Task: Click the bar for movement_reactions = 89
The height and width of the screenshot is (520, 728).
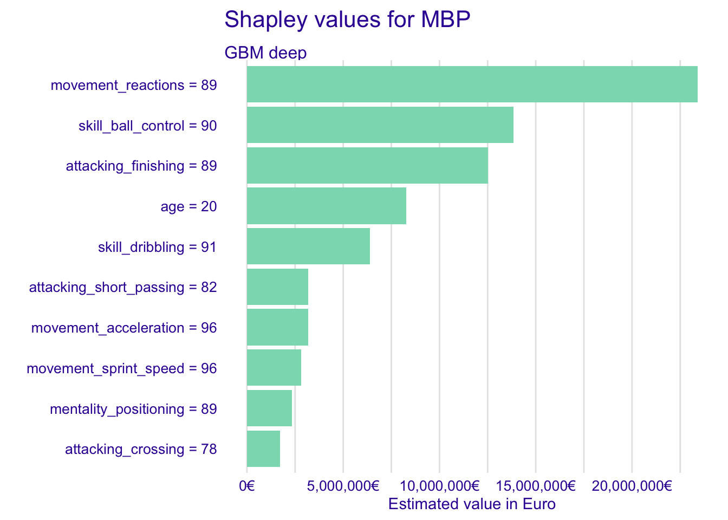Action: (x=472, y=84)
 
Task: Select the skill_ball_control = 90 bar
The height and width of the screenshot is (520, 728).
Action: (x=380, y=125)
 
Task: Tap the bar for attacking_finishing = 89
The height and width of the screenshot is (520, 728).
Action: (x=367, y=165)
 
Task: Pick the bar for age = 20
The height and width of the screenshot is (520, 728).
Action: (x=326, y=206)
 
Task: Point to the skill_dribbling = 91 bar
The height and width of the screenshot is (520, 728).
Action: (x=308, y=246)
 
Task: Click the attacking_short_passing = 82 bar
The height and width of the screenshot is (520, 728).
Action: (x=277, y=287)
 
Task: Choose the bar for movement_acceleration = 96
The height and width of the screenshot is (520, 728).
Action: (x=277, y=327)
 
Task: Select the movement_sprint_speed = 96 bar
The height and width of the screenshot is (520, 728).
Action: (x=274, y=368)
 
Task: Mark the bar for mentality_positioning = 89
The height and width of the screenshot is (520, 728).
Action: (x=269, y=408)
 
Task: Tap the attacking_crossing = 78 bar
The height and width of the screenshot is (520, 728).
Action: (x=263, y=448)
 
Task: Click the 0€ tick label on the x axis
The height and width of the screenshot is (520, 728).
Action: (x=247, y=486)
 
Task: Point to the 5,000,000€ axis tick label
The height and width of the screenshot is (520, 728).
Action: (x=343, y=486)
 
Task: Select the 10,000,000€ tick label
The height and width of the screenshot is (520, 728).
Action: (x=439, y=486)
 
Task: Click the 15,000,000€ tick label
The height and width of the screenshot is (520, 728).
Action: (x=536, y=486)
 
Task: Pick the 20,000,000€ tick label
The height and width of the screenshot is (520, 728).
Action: (x=632, y=486)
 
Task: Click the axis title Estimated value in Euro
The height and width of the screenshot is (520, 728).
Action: (x=472, y=504)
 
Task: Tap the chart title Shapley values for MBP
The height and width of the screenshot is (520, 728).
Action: (x=347, y=19)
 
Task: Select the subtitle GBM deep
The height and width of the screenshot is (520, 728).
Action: (x=265, y=53)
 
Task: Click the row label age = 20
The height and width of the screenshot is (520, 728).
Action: (x=188, y=206)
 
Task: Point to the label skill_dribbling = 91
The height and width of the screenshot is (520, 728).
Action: (x=157, y=247)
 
